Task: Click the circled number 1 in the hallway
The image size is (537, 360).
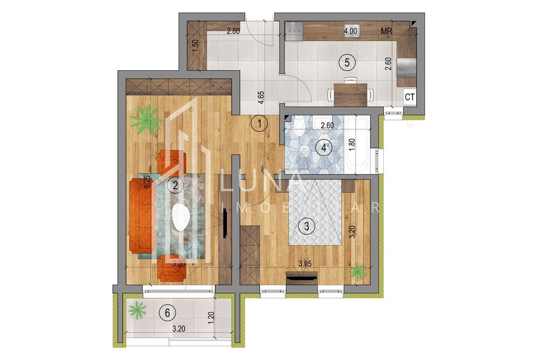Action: click(259, 123)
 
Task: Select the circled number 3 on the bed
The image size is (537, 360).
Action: click(307, 226)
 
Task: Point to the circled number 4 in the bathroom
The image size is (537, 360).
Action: click(324, 148)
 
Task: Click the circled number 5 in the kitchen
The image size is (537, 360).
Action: click(347, 62)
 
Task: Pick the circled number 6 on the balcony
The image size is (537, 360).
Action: click(167, 313)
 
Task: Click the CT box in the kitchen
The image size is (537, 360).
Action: click(409, 97)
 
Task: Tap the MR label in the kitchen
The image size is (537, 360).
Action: click(386, 31)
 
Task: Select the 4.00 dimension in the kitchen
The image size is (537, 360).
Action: click(350, 31)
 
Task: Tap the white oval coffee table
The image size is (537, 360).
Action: click(182, 217)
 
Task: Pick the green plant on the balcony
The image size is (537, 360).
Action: click(138, 309)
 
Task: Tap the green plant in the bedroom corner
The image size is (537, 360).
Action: click(358, 271)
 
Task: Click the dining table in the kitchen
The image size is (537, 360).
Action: click(350, 94)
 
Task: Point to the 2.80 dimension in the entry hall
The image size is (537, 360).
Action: click(234, 31)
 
